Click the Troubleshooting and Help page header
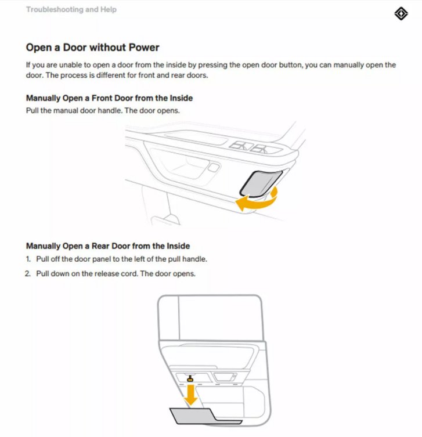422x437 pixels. [x=71, y=9]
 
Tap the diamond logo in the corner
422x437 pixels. [x=401, y=14]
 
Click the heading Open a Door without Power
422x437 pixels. [x=92, y=48]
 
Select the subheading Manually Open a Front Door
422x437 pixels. [x=109, y=98]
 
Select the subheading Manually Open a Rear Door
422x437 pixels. [x=108, y=246]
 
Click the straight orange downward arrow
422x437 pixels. [x=190, y=395]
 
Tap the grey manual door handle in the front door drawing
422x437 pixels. [x=261, y=183]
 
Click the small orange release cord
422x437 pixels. [x=190, y=378]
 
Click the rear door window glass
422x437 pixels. [x=220, y=317]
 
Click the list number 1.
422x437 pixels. [x=28, y=259]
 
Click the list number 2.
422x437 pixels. [x=28, y=274]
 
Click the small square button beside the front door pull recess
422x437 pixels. [x=214, y=168]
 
